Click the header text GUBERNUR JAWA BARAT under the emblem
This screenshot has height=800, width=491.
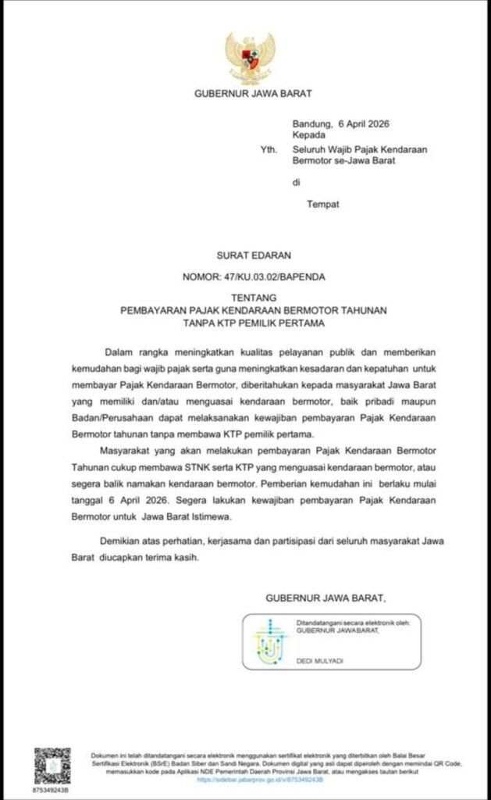point(252,95)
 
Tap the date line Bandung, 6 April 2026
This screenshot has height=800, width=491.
point(340,123)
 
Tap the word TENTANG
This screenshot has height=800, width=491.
point(253,298)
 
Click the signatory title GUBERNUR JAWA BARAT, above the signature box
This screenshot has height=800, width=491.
point(326,598)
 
